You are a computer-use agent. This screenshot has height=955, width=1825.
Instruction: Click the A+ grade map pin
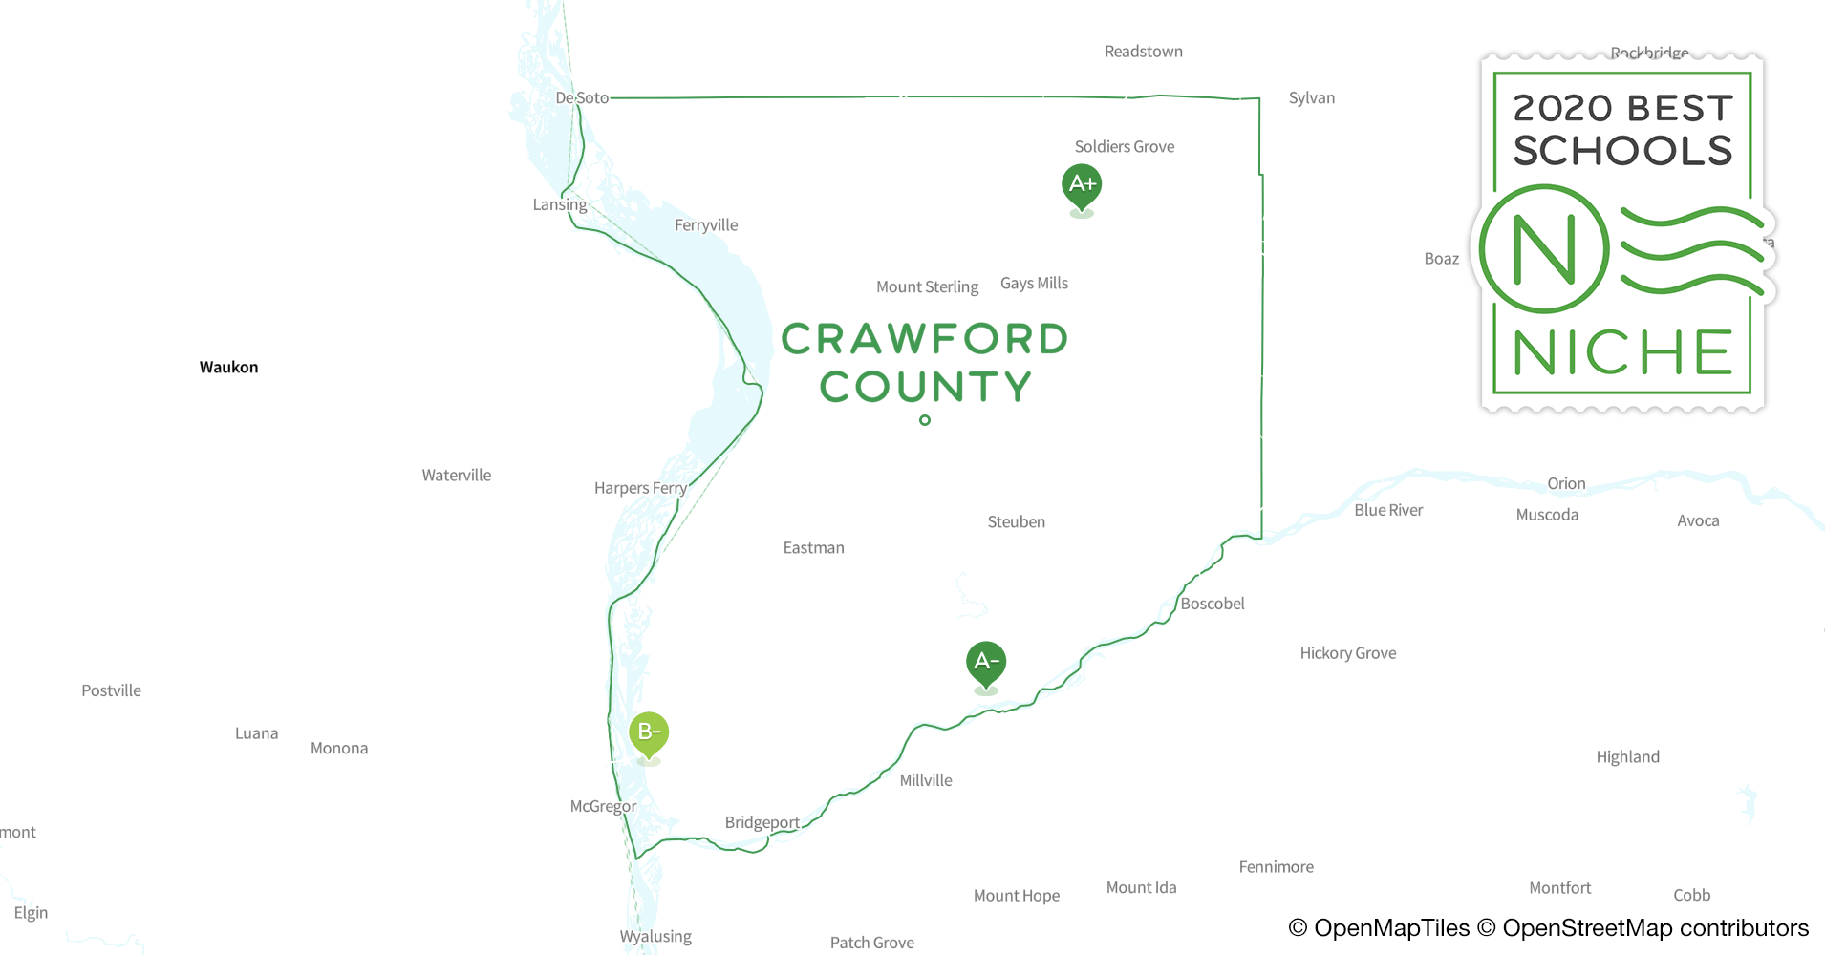tap(1082, 184)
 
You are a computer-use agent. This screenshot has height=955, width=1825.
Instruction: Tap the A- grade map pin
tap(986, 662)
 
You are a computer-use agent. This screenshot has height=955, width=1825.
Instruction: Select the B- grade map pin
tap(649, 732)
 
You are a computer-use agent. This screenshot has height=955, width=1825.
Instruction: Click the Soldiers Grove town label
tap(1124, 147)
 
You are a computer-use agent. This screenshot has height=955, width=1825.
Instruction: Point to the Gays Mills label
tap(1034, 284)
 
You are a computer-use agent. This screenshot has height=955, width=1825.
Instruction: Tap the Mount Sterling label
tap(927, 287)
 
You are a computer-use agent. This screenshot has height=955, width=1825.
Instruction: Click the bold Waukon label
tap(228, 368)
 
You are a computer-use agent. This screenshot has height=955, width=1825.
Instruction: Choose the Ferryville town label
tap(706, 225)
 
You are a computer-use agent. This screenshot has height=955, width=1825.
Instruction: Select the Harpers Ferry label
tap(640, 488)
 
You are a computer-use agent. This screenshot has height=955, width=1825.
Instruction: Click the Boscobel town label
tap(1212, 604)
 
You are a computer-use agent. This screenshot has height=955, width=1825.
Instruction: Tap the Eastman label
tap(813, 548)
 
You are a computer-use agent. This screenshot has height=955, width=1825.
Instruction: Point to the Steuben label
tap(1016, 522)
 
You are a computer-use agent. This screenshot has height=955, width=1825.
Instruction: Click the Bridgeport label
tap(762, 822)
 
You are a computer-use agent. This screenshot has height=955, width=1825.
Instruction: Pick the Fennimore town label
tap(1276, 867)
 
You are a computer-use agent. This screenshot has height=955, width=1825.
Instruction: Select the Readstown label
tap(1143, 52)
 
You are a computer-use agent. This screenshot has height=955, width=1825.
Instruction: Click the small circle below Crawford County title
tap(925, 420)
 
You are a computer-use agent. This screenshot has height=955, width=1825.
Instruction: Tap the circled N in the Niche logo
tap(1544, 249)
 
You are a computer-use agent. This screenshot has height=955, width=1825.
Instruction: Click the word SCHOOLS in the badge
tap(1622, 151)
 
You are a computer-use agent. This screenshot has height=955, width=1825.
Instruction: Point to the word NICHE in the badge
tap(1622, 352)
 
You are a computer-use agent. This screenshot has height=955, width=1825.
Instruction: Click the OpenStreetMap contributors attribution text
tap(1654, 928)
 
